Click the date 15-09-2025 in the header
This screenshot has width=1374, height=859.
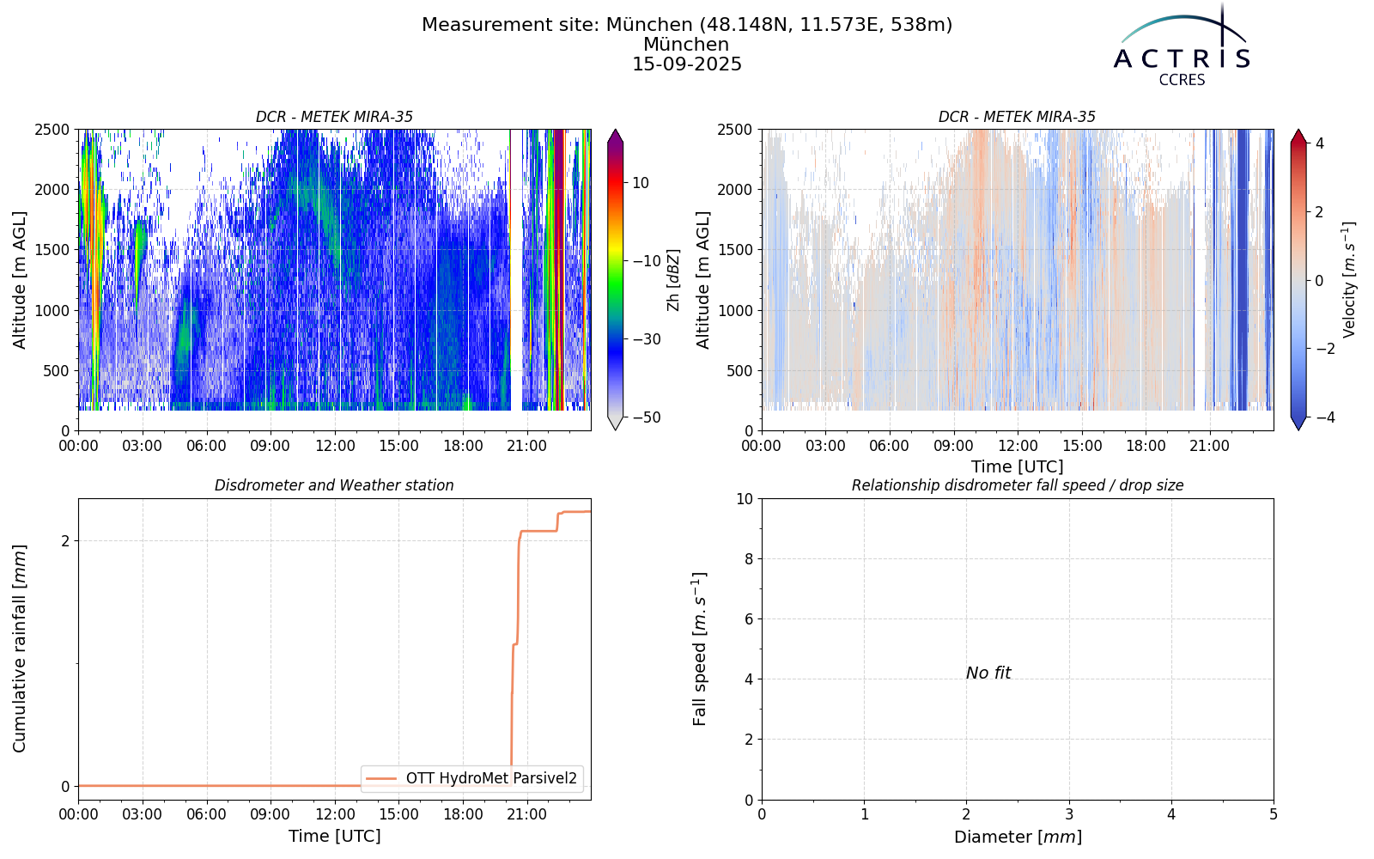687,64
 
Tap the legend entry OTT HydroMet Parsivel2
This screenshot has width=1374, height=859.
471,778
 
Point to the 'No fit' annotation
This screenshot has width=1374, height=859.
988,673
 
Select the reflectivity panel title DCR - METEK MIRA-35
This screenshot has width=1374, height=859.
334,117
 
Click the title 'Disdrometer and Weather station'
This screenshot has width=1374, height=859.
334,485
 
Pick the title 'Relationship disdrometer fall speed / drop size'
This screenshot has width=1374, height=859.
1018,485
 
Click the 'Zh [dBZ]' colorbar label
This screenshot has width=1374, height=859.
673,280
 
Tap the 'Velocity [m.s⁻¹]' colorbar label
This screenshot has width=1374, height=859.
1349,280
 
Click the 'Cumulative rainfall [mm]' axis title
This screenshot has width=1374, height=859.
20,649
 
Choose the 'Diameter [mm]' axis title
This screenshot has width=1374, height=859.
1018,837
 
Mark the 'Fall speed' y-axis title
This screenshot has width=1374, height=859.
700,649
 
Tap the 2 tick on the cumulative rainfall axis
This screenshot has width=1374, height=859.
65,540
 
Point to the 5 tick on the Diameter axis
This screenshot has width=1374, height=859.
1274,814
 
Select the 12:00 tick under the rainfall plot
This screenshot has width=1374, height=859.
335,814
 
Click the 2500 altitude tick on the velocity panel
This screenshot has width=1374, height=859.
735,130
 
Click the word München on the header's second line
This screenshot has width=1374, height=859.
686,45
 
